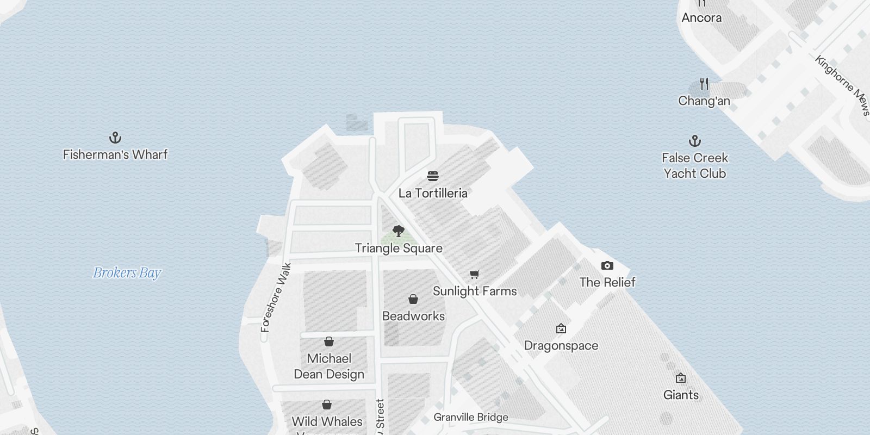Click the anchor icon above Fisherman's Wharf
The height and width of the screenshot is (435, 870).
[115, 137]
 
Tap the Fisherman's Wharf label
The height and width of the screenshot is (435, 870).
[115, 154]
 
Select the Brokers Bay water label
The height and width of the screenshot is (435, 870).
[127, 272]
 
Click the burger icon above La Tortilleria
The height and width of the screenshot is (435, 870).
[433, 176]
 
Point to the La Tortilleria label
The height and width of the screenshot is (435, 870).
[433, 193]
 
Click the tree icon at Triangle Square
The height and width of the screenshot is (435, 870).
[399, 231]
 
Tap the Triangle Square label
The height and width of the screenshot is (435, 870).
[399, 248]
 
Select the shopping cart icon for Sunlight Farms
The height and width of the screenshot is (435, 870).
[475, 275]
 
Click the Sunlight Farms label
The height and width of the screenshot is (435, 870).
[475, 291]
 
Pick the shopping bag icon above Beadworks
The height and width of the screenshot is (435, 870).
[413, 299]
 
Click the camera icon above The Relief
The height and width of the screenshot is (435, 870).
[607, 265]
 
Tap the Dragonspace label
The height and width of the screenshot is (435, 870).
[561, 346]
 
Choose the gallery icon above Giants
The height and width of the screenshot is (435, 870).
[681, 378]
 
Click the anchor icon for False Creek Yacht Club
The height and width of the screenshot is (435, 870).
[694, 141]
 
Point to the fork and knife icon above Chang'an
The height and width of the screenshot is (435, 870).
[704, 84]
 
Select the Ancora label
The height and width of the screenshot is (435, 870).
[701, 17]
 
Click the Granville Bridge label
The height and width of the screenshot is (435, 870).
[471, 418]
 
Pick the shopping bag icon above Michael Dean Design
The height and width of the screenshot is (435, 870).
[329, 341]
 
